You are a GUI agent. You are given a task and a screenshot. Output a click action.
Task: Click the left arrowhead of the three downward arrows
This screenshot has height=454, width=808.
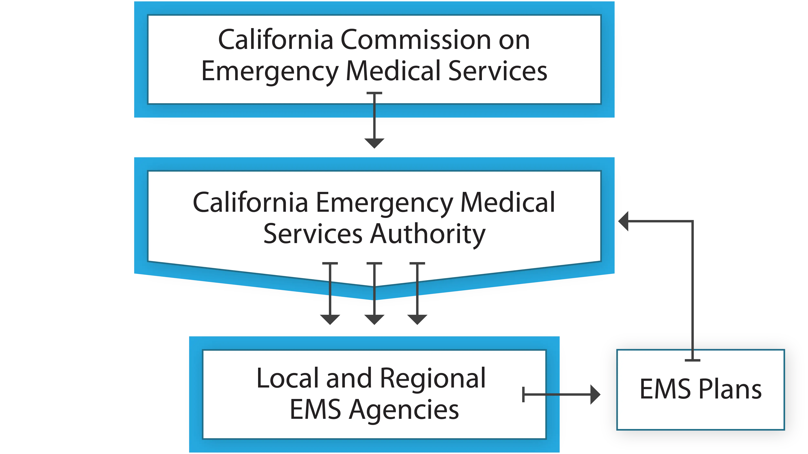(x=330, y=319)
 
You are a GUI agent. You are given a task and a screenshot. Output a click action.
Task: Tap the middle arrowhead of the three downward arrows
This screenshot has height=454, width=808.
(x=374, y=319)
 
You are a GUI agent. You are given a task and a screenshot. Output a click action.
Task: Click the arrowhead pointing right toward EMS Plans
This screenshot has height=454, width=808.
(x=594, y=394)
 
